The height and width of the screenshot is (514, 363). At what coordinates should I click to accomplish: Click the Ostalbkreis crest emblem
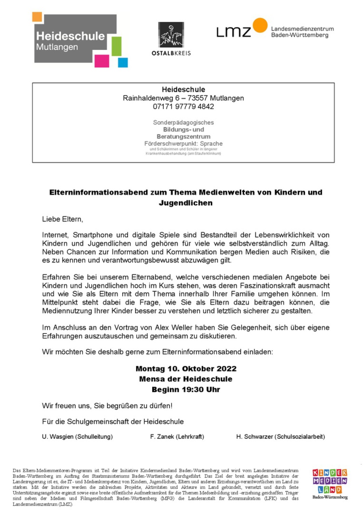[171, 35]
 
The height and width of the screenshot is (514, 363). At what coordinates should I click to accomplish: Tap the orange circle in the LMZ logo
[260, 25]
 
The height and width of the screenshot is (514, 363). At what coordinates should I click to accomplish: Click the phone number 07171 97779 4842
[184, 107]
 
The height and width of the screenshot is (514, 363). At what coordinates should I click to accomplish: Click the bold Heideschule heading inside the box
[184, 89]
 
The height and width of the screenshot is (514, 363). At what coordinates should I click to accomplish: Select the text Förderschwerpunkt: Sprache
[184, 144]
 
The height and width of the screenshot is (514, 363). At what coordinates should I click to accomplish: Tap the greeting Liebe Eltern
[62, 219]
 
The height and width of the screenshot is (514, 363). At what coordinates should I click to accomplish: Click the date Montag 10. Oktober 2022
[186, 369]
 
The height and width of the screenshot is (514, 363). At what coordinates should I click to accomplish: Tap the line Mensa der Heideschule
[186, 379]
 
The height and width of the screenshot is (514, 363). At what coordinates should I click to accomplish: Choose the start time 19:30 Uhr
[199, 390]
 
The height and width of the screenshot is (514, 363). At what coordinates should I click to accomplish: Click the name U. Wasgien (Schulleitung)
[77, 437]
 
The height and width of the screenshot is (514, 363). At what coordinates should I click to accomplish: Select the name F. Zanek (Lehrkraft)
[177, 437]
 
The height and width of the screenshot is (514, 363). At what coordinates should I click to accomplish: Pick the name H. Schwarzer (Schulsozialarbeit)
[281, 437]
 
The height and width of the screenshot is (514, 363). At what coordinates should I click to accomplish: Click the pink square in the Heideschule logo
[102, 61]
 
